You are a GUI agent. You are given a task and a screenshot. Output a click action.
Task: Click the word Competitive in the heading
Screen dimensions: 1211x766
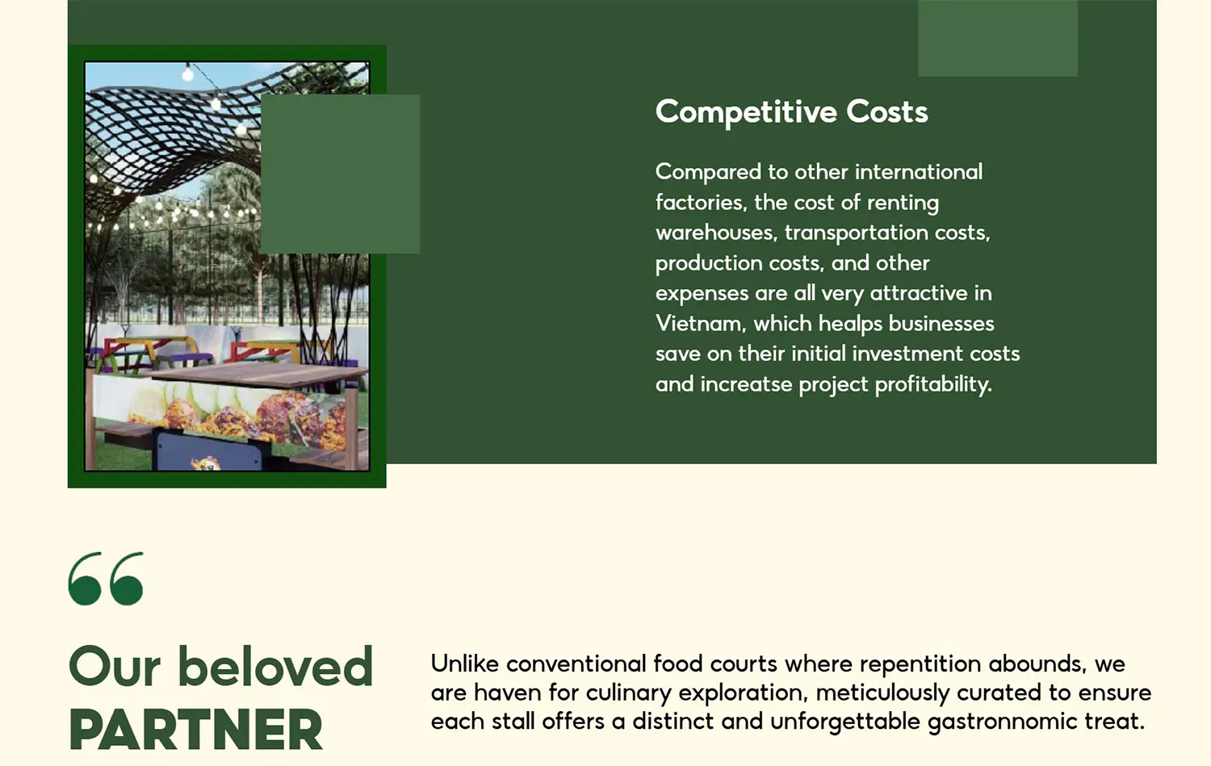tap(746, 112)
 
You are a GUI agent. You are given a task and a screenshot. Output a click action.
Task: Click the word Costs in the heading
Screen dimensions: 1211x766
tap(887, 112)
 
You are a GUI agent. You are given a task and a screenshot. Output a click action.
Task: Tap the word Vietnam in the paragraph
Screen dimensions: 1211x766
tap(701, 323)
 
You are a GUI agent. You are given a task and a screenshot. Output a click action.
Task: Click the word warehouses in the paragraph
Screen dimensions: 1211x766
tap(716, 233)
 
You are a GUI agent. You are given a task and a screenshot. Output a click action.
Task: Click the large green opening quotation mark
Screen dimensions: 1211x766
tap(106, 579)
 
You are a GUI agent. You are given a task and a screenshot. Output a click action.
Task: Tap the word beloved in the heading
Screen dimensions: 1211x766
tap(275, 667)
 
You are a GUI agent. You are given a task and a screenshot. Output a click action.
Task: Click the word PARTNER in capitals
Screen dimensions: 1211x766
tap(195, 729)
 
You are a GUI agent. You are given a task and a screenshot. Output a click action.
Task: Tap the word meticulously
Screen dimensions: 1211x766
tap(882, 693)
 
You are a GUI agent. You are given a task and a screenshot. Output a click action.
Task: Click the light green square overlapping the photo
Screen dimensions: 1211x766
tap(340, 174)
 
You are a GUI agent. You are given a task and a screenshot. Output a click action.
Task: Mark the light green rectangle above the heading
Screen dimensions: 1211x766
tap(997, 38)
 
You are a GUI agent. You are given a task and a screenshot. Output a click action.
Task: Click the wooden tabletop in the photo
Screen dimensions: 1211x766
tap(259, 374)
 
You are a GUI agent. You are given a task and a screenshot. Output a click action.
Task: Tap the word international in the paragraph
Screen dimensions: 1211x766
tap(919, 173)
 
